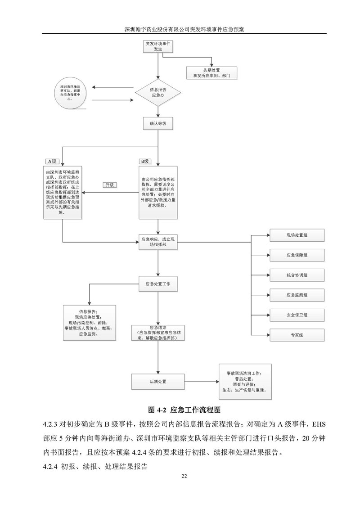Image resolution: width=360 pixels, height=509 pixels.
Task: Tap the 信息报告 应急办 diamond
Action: [x=157, y=93]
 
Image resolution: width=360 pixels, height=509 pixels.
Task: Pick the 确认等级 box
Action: [x=157, y=123]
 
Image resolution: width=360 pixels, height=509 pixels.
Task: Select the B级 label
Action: [x=145, y=161]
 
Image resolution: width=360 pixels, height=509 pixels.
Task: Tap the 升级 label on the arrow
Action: [x=109, y=185]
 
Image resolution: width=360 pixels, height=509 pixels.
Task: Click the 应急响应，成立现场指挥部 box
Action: [x=157, y=243]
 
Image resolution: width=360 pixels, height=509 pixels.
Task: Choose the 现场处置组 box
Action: [x=297, y=235]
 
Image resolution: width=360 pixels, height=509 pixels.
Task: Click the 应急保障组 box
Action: [x=297, y=255]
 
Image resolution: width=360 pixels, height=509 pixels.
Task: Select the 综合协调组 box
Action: [x=297, y=275]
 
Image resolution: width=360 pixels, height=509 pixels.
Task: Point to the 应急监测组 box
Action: [x=297, y=295]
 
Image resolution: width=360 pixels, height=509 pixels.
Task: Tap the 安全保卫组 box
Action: [x=297, y=315]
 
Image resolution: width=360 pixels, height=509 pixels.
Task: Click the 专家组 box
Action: [x=297, y=335]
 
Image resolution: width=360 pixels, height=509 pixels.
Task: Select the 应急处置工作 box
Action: [x=157, y=284]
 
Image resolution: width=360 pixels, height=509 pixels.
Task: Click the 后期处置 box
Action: [x=157, y=381]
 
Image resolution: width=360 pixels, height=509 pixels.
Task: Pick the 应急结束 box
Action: [x=157, y=332]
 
